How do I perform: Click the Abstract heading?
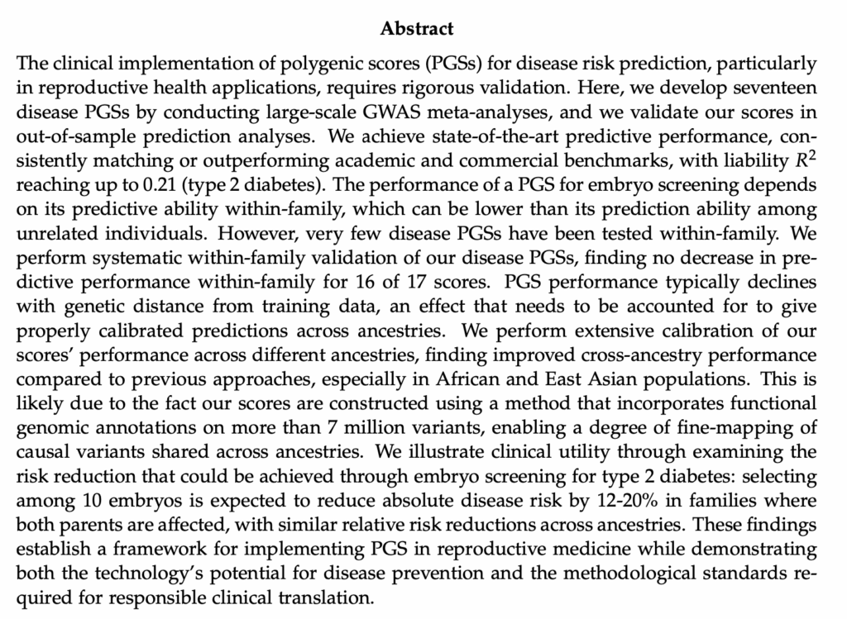(x=417, y=29)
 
